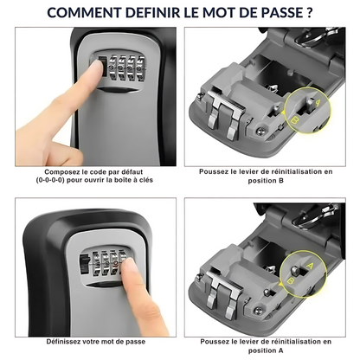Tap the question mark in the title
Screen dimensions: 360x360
pos(309,13)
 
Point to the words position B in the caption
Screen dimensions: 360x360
pos(266,181)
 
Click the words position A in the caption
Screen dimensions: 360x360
pos(266,350)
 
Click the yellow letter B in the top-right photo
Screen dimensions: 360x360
pos(294,119)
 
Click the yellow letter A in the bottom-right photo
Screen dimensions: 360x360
pos(310,265)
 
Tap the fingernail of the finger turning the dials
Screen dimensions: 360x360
pos(129,266)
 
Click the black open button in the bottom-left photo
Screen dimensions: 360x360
pos(84,264)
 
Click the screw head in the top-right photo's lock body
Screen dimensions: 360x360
pos(260,132)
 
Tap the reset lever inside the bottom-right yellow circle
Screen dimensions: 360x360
pos(295,271)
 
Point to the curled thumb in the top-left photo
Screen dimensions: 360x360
pos(62,151)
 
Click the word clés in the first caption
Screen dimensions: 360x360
pos(146,180)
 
